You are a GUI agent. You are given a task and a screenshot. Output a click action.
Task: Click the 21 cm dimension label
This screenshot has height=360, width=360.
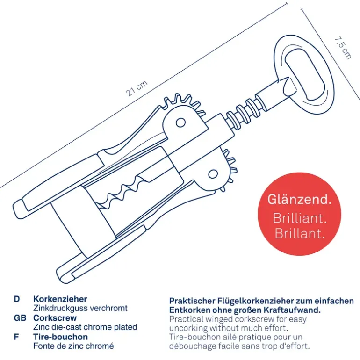click(137, 89)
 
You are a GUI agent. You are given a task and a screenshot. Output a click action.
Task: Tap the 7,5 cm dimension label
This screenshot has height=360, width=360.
click(343, 48)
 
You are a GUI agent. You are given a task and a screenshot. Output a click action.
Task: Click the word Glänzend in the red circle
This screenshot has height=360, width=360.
click(299, 199)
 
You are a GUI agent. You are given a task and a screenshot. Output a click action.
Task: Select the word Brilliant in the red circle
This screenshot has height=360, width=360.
click(300, 218)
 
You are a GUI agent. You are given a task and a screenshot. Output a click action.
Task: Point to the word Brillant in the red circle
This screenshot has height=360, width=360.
click(300, 233)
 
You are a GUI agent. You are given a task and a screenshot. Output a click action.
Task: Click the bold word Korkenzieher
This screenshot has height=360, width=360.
click(60, 299)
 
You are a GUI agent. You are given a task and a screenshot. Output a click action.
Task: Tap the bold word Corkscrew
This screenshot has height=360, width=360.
click(55, 318)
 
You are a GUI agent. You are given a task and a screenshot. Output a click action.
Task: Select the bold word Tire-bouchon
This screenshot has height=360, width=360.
click(61, 337)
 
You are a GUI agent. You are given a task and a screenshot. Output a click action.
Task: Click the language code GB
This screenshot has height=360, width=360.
click(20, 318)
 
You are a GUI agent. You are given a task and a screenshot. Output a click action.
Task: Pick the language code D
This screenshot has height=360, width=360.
click(17, 299)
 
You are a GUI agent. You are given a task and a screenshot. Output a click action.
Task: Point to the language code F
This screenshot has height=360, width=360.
click(16, 337)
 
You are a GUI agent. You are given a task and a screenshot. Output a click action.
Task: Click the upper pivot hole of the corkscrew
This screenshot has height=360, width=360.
click(180, 123)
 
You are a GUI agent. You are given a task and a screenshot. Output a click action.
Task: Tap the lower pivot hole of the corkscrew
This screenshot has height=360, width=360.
click(213, 174)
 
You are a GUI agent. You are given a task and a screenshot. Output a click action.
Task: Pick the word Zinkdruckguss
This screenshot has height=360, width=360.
click(60, 308)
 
